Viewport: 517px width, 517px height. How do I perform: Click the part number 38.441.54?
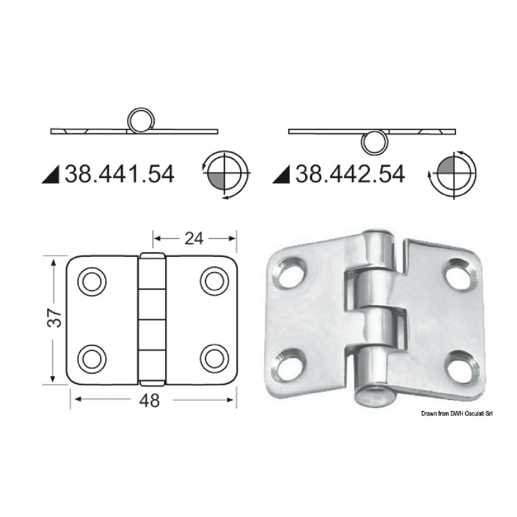pos(119,175)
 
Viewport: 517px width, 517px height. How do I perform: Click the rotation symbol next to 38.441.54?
pos(226,175)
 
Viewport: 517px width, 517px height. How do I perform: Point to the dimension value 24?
pos(194,239)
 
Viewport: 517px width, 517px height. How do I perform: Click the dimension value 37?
pos(56,317)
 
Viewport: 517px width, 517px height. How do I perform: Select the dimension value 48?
pos(149,400)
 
